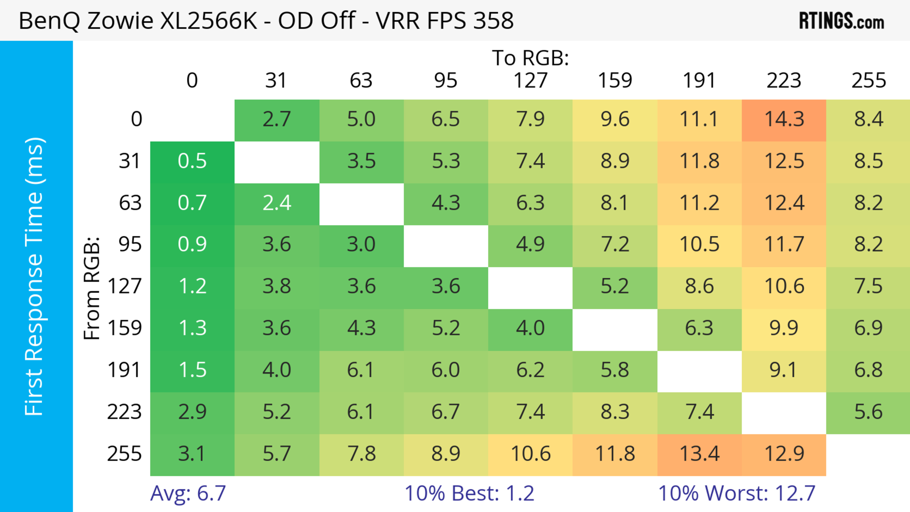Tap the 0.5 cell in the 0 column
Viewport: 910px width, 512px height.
point(192,161)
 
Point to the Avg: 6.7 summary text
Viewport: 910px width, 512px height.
point(188,493)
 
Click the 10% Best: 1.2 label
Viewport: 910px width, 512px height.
point(469,493)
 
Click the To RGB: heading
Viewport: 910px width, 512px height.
point(530,58)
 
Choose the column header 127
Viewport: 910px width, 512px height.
point(530,81)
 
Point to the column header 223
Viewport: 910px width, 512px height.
point(784,81)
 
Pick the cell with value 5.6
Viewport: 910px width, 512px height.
point(868,412)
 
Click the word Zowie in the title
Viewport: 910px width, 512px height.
point(120,20)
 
